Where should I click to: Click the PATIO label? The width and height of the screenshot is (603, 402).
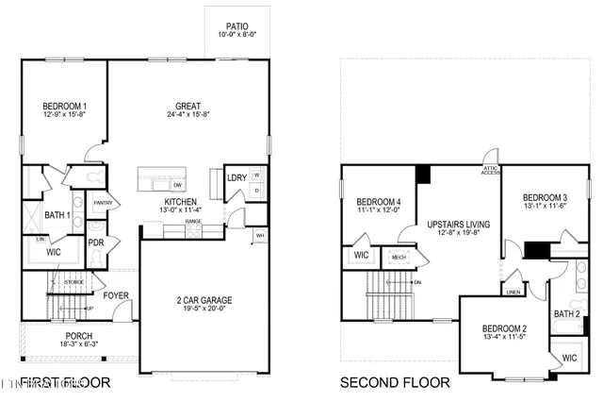(236, 27)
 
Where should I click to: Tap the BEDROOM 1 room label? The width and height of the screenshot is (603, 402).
(65, 106)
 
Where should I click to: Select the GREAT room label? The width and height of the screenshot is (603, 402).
(189, 106)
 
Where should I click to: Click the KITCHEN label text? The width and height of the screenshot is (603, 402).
(180, 202)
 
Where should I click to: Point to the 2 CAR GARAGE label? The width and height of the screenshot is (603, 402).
(204, 300)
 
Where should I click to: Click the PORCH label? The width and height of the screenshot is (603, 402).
(78, 336)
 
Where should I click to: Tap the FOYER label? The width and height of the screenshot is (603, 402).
(116, 295)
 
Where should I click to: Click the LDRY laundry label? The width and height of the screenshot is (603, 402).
(236, 177)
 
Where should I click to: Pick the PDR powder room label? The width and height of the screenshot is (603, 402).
(95, 242)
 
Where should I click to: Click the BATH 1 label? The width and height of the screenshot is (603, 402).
(57, 215)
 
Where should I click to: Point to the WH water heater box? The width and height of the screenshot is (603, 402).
(260, 236)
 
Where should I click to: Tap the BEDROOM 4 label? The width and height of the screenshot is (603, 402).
(378, 202)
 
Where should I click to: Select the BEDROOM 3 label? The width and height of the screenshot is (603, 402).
(544, 186)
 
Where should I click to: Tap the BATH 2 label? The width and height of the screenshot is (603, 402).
(566, 313)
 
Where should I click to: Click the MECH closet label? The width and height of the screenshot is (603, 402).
(399, 256)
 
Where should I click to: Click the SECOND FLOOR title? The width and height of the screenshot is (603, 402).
(395, 382)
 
